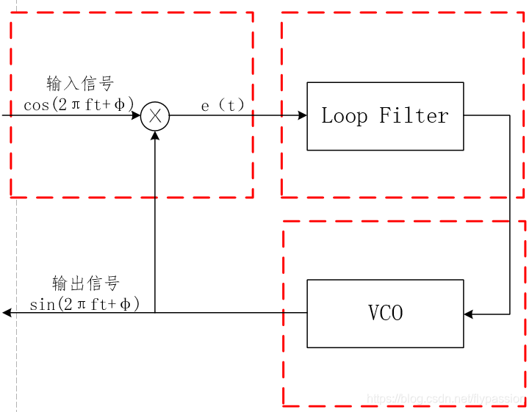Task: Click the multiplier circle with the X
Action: click(x=155, y=115)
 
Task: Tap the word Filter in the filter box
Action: click(x=414, y=116)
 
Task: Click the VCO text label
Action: click(x=385, y=314)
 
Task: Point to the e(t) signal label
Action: click(x=222, y=106)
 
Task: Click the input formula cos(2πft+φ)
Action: click(x=79, y=105)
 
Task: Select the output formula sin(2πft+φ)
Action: click(x=85, y=303)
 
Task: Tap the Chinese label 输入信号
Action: click(x=80, y=83)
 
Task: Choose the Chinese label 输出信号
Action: click(x=85, y=283)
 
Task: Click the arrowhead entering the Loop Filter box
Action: click(x=302, y=115)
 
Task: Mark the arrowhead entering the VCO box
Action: click(x=470, y=314)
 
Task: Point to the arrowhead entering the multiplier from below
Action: click(x=155, y=135)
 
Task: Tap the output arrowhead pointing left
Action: click(x=7, y=313)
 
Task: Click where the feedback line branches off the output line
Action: click(x=155, y=313)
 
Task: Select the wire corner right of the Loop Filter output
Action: click(x=510, y=115)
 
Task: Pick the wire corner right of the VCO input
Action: click(x=510, y=314)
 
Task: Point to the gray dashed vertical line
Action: click(x=16, y=220)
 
